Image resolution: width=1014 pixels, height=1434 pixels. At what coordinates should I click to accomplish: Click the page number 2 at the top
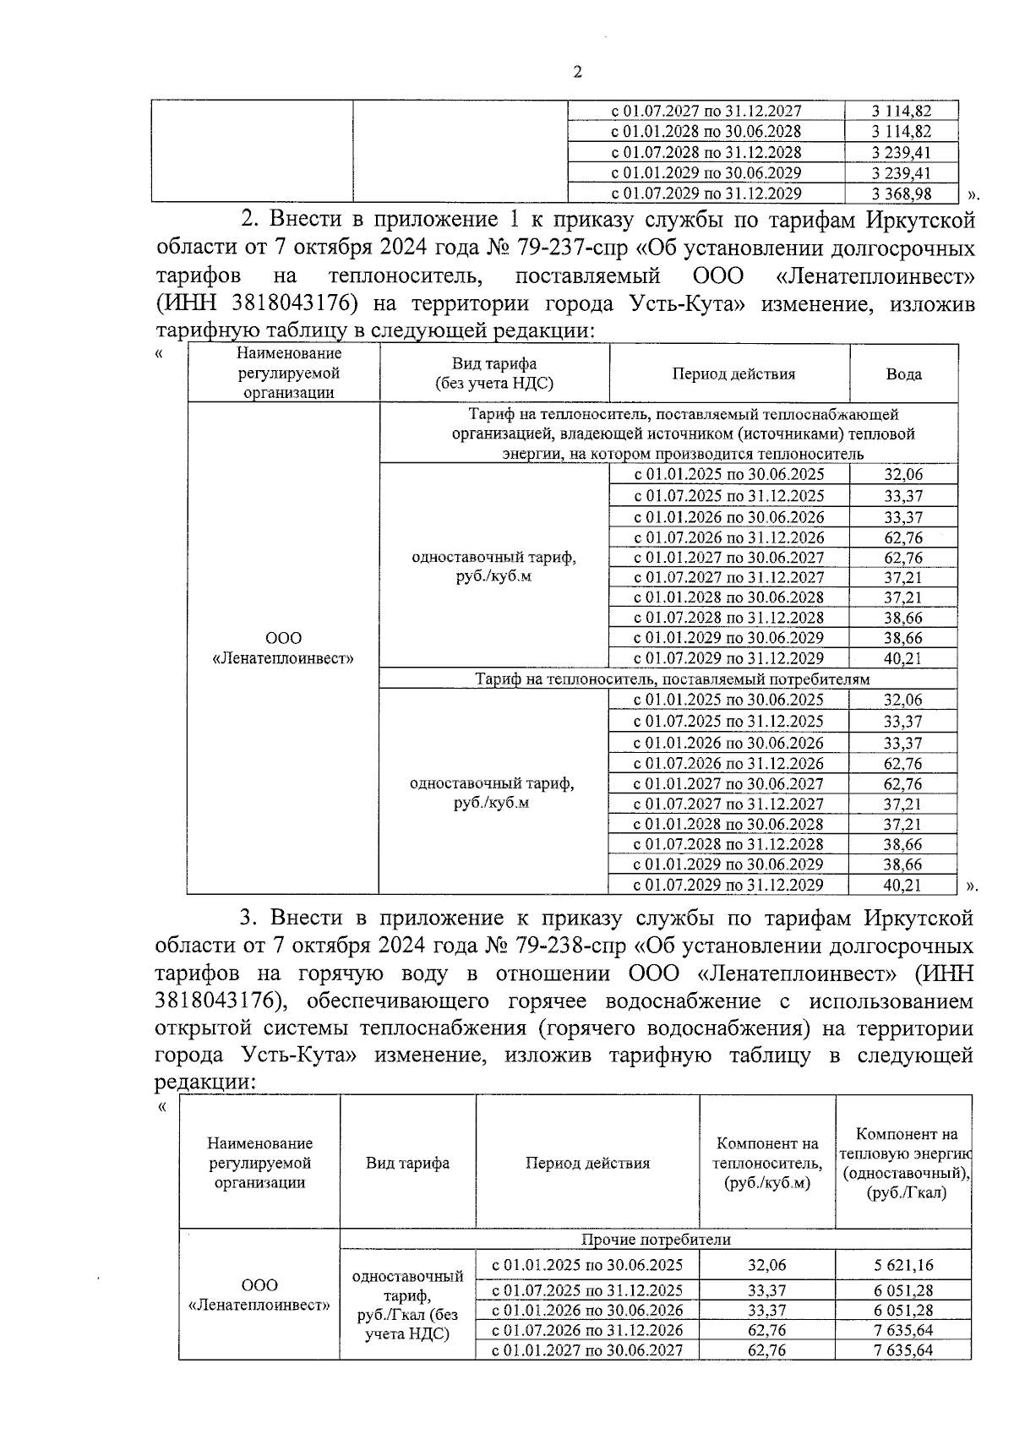tap(577, 73)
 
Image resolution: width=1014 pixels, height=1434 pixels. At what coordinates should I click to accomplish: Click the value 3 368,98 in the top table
tap(901, 194)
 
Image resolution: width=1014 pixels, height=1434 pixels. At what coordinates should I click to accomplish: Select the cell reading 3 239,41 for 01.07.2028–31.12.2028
tap(901, 153)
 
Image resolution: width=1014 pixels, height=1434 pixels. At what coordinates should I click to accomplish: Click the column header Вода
tap(903, 373)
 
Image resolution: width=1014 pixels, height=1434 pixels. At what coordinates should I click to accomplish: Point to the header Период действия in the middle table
tap(733, 373)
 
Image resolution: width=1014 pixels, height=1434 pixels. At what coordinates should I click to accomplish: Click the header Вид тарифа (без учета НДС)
tap(494, 373)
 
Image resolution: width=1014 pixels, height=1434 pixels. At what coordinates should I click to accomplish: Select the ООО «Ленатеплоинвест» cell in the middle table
tap(283, 648)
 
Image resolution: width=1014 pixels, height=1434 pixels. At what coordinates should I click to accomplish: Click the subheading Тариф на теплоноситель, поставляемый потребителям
tap(672, 679)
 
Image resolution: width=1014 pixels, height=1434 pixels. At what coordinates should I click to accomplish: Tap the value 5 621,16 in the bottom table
tap(903, 1265)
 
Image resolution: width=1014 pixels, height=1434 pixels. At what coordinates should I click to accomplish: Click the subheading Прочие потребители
tap(656, 1240)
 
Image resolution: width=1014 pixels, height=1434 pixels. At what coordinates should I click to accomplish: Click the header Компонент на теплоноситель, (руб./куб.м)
tap(767, 1163)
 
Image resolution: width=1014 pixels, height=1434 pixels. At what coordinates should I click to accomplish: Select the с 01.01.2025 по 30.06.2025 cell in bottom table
tap(588, 1265)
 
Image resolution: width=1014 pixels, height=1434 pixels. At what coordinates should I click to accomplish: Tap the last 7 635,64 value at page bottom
tap(903, 1350)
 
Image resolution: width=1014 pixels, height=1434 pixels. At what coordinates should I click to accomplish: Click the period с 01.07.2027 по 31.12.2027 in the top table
tap(706, 111)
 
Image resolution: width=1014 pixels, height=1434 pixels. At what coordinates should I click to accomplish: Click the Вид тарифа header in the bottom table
tap(407, 1163)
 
